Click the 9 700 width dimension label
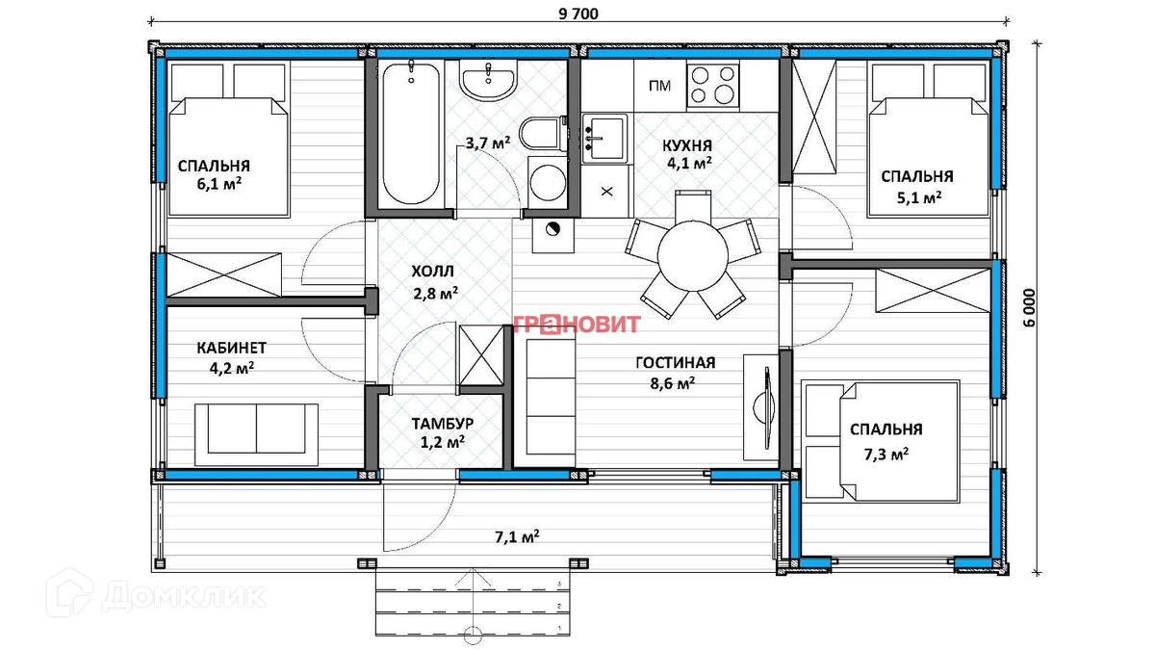click(578, 13)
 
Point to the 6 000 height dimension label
click(1029, 308)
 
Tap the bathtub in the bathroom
click(411, 133)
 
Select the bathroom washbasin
click(488, 82)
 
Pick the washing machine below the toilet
click(547, 182)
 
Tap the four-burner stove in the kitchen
click(713, 85)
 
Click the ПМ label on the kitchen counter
click(659, 86)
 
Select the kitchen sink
click(604, 139)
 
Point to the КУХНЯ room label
click(687, 145)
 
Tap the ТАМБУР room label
click(443, 424)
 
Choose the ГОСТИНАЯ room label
click(676, 363)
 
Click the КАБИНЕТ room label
click(232, 348)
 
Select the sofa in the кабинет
click(256, 435)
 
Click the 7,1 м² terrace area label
click(517, 536)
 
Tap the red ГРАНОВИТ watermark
click(577, 324)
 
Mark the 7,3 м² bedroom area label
click(886, 454)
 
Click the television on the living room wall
click(766, 406)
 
